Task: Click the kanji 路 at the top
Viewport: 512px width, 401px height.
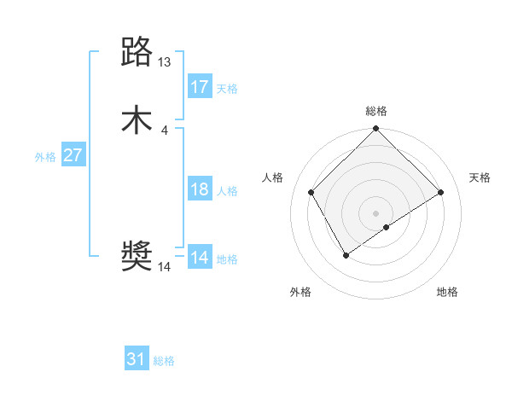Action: pos(137,53)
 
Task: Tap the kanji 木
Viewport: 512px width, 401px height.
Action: pos(137,119)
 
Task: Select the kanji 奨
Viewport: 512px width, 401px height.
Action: pos(137,257)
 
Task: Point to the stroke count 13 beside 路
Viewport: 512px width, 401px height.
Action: pos(165,62)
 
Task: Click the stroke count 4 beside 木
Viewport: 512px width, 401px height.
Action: pos(164,130)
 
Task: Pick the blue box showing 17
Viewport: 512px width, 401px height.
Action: pos(200,87)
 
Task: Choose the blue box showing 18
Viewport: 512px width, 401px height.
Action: pos(200,189)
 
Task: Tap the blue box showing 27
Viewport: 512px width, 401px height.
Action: pos(73,155)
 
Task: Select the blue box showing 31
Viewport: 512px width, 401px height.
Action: pos(137,359)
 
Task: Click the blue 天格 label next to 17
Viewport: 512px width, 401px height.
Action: pos(227,89)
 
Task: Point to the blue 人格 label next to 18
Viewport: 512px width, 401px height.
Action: pos(227,191)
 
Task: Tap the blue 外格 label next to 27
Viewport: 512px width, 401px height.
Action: pos(45,157)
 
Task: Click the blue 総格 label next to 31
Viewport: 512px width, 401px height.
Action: pos(164,361)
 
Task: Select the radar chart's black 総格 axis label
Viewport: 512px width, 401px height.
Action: pos(376,111)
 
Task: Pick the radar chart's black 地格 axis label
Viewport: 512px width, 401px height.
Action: pos(447,293)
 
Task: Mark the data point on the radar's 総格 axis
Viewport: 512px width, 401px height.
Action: pos(376,130)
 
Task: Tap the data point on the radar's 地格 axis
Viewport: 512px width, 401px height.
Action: pos(387,227)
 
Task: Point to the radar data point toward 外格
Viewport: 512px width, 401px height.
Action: pos(346,255)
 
